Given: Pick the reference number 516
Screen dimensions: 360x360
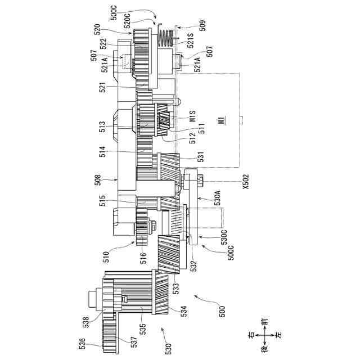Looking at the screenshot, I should click(143, 258).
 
